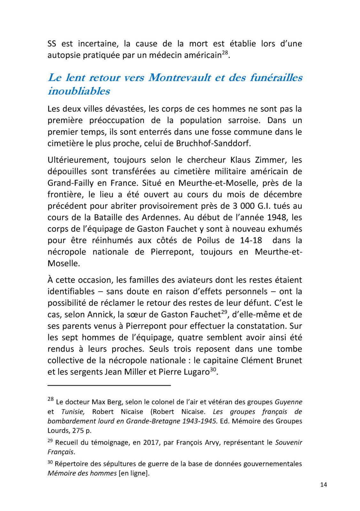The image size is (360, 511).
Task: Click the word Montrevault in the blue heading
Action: [x=180, y=78]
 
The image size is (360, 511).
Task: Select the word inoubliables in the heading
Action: [x=79, y=91]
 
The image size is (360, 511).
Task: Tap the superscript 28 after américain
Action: [x=225, y=52]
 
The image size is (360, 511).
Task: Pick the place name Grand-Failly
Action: [x=71, y=183]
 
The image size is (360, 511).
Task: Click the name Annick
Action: [x=103, y=315]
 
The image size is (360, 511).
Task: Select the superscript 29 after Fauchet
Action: [x=226, y=312]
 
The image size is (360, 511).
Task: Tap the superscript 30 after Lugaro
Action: [x=213, y=369]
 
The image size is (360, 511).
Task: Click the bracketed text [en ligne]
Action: [x=134, y=473]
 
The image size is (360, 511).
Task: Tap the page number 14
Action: [x=323, y=485]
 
